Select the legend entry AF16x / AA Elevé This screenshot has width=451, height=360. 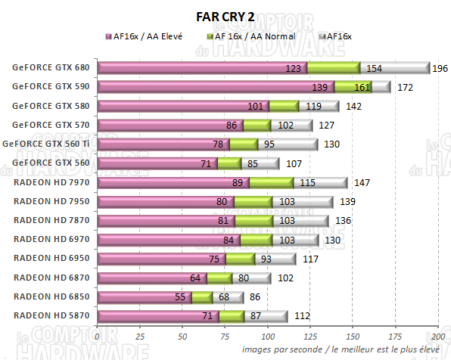point(147,36)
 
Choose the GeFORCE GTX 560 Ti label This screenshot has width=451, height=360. point(50,144)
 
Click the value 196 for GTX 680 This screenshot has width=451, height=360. point(440,69)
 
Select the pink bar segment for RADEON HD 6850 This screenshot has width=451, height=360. point(144,296)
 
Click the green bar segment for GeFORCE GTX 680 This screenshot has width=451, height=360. point(333,68)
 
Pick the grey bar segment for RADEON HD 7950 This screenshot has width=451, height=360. point(303,202)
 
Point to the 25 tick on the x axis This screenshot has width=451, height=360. point(140,334)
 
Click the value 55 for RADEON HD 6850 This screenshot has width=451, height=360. point(181,297)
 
